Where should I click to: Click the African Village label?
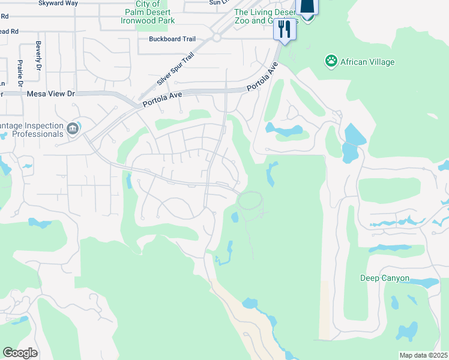point(367,61)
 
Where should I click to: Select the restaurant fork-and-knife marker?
point(285,29)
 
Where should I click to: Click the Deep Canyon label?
point(385,278)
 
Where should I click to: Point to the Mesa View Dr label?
point(50,94)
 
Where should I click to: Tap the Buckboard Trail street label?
point(172,39)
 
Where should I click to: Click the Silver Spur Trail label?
point(175,69)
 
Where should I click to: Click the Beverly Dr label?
point(38,54)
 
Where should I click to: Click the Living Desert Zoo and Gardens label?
point(264,16)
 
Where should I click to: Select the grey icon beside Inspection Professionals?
point(73,128)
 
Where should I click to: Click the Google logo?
point(20,353)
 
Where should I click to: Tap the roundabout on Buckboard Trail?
point(216,37)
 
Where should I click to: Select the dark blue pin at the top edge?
point(307,7)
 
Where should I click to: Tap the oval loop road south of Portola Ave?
point(250,200)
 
